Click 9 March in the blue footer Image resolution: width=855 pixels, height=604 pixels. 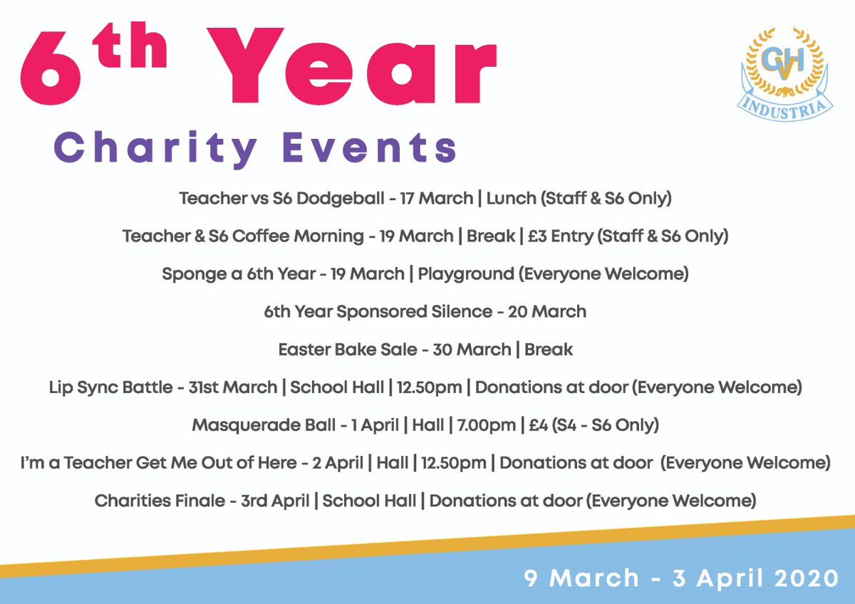click(581, 578)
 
